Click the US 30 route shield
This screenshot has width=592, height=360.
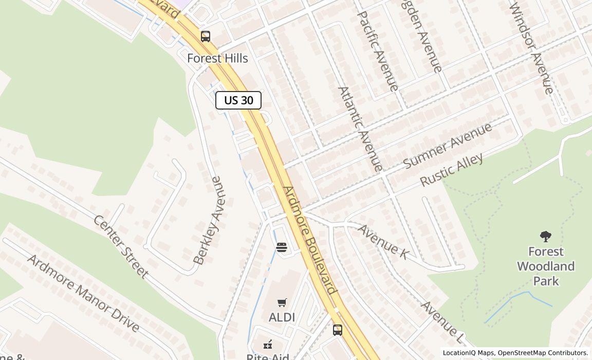point(238,100)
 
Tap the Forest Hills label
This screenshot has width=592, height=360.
point(217,58)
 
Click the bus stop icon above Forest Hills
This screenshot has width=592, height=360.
point(206,37)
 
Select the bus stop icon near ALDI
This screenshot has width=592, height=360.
point(337,330)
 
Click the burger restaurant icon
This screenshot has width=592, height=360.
point(281,247)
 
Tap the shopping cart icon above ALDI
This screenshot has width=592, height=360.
point(282,302)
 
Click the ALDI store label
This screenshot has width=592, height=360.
point(282,317)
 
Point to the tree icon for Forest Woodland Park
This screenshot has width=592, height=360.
point(546,237)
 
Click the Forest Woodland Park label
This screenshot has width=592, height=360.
point(546,266)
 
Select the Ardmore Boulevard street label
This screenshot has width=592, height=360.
point(309,240)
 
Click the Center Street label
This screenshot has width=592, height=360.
point(121,246)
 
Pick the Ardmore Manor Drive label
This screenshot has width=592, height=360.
point(83,292)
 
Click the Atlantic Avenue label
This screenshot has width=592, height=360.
point(360,129)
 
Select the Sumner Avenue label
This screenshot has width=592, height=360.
point(448,145)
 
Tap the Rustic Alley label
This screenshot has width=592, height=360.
point(452,169)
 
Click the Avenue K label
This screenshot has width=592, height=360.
point(383,241)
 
